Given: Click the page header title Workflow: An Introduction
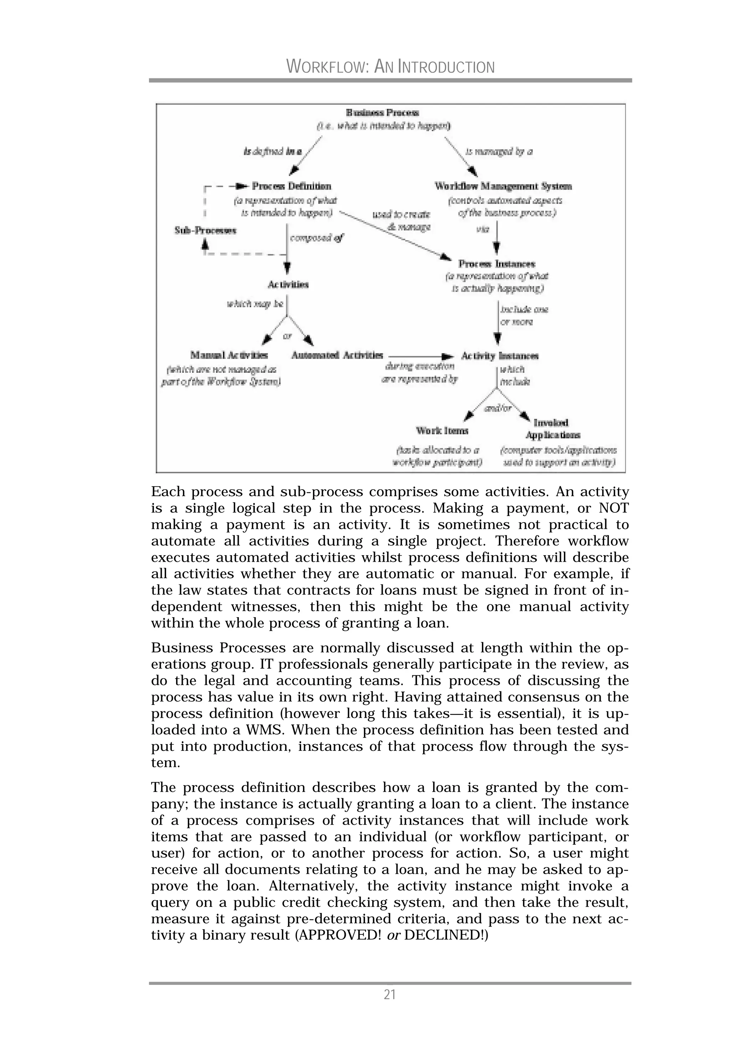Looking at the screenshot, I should click(390, 67).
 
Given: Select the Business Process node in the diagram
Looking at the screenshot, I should click(382, 113).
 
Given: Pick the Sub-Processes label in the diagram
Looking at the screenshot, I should click(205, 231).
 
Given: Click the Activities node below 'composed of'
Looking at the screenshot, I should click(288, 284).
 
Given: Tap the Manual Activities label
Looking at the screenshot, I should click(229, 355).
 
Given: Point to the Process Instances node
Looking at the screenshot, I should click(497, 264).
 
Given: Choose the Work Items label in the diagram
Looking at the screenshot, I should click(442, 430).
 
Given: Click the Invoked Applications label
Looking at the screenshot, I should click(552, 429).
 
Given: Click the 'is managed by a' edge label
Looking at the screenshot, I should click(499, 151).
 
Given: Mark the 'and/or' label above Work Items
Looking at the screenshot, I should click(498, 408).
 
